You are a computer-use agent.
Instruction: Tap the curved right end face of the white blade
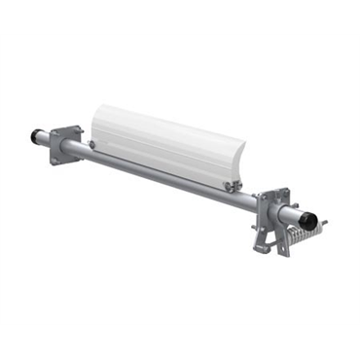239,165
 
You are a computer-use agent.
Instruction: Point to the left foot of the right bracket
260,246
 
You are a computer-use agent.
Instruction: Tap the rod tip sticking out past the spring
324,223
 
